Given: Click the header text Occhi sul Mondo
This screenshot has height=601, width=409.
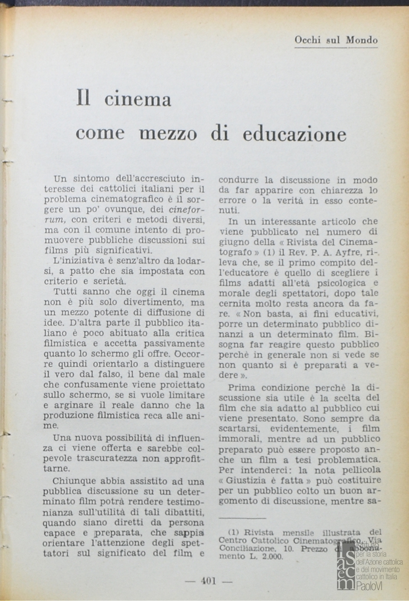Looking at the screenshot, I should coord(336,40).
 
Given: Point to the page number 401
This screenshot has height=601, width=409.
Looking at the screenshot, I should coord(208,581).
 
